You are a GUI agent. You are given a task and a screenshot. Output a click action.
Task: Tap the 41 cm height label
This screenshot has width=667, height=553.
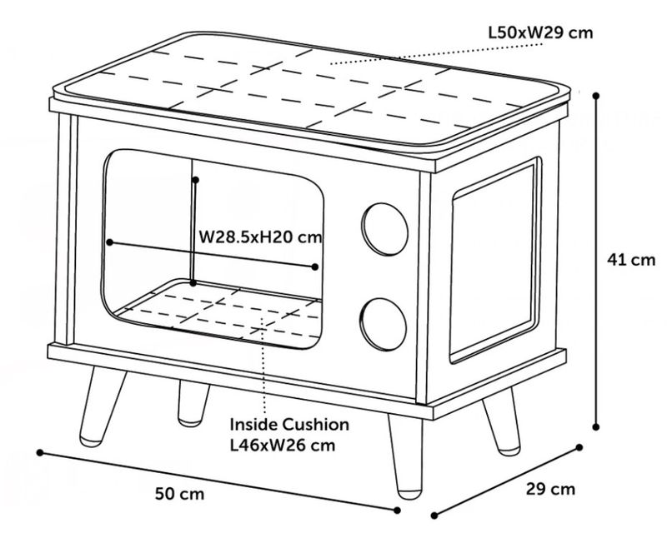click(x=631, y=260)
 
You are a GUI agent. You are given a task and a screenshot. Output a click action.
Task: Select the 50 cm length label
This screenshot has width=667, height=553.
click(x=179, y=493)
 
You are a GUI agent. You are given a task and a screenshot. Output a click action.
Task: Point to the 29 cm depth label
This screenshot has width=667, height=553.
click(x=550, y=489)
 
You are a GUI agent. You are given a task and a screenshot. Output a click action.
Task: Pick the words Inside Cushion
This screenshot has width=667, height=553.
click(x=289, y=425)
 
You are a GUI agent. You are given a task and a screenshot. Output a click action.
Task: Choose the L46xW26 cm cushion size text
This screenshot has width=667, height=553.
click(x=283, y=445)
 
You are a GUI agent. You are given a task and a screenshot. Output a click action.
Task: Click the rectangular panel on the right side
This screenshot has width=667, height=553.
click(x=492, y=261)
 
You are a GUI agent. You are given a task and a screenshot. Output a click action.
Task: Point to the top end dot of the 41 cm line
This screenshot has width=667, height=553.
click(x=597, y=96)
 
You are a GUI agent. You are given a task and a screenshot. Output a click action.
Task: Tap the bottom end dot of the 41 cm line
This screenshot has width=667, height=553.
click(x=597, y=426)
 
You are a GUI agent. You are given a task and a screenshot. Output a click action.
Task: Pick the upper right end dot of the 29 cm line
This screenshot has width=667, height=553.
click(x=579, y=447)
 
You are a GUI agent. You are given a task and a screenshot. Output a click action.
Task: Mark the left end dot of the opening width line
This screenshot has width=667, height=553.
click(x=109, y=242)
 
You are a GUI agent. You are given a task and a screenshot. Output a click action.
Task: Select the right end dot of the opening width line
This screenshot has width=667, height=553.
click(x=315, y=267)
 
